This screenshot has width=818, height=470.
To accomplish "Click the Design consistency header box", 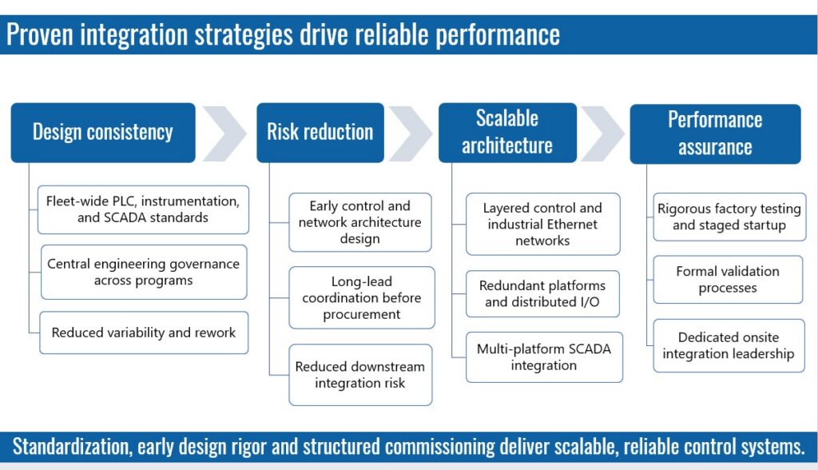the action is point(103,133).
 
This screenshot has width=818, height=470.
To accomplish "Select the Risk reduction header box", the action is point(320,133).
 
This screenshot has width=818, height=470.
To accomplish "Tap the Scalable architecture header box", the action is point(507,133).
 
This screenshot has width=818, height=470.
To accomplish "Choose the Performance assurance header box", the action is point(715,133).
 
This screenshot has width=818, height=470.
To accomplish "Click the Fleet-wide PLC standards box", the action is point(143,209).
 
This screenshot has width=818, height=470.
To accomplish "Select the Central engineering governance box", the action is point(144,272).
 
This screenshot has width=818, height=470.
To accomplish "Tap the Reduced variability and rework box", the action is point(144,333).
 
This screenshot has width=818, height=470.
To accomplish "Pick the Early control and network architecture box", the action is point(360,222).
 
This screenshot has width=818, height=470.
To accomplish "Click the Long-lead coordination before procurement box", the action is point(362,297).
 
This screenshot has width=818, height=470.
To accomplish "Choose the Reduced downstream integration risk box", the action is point(360,375).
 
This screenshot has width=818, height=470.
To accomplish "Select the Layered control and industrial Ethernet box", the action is point(542,224).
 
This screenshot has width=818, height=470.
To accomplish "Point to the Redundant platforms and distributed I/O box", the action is point(542,293).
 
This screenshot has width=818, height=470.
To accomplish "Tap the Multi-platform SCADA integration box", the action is point(544,357).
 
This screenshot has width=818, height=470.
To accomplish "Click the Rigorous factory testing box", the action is point(729,217).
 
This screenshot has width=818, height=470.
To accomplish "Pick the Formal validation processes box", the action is point(728,280).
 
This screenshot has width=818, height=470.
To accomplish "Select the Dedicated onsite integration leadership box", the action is point(729,346).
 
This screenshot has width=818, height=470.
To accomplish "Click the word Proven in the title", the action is point(40,34).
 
